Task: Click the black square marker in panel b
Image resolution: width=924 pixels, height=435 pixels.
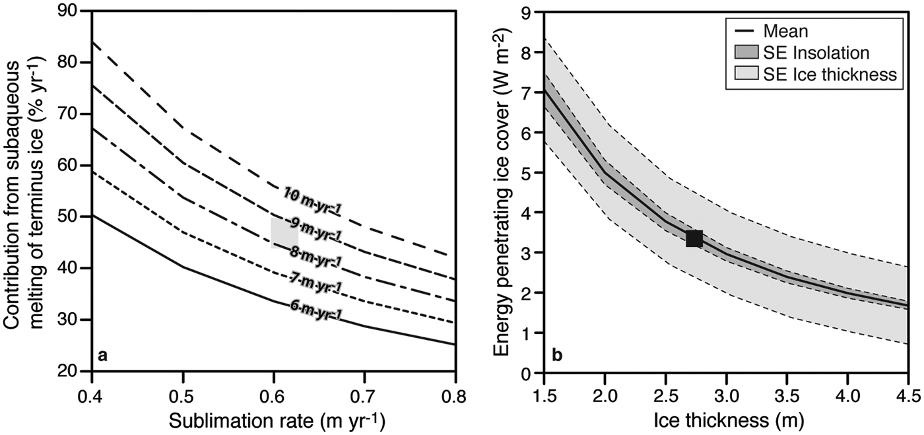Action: (x=694, y=238)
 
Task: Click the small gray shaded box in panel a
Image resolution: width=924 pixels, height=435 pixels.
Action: (x=284, y=232)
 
